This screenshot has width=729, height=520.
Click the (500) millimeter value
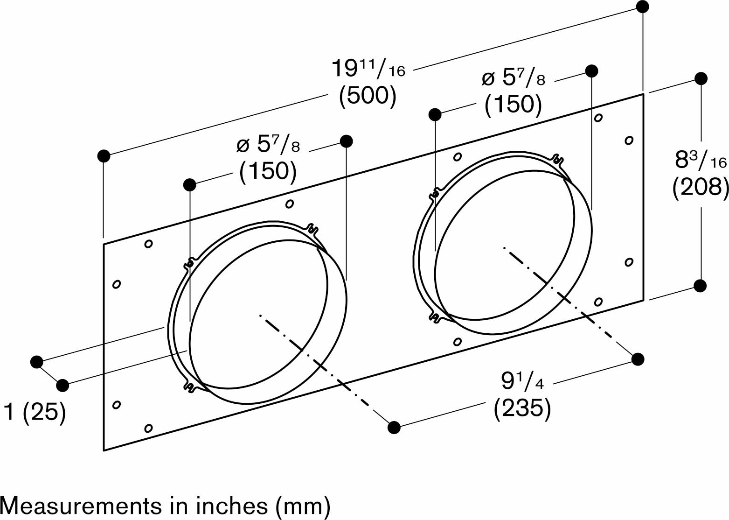tap(368, 96)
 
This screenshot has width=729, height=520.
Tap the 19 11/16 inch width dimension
tap(368, 68)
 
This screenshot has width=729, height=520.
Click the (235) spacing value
tap(522, 408)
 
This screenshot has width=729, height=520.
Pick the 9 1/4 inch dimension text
tap(522, 381)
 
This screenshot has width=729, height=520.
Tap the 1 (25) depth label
tap(34, 412)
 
